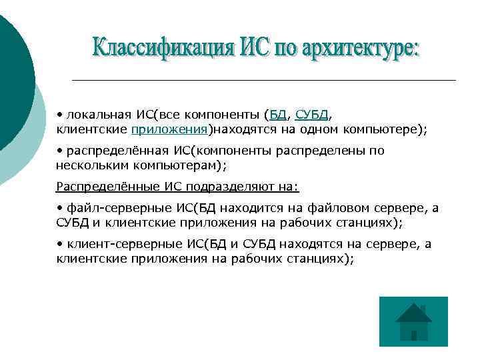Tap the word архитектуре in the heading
(359, 49)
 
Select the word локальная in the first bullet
(95, 114)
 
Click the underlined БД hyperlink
(277, 114)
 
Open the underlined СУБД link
(312, 114)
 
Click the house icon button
(413, 322)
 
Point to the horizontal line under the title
(263, 80)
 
